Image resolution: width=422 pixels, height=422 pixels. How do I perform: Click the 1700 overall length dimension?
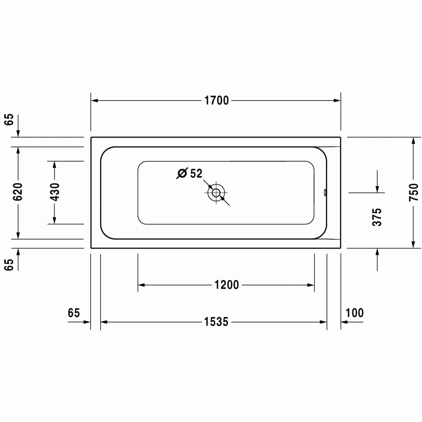click(x=217, y=100)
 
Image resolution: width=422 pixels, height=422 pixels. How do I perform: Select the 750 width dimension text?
click(x=414, y=192)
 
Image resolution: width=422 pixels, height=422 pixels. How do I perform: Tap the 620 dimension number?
click(x=18, y=191)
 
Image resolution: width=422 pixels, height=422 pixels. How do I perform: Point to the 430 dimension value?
click(x=55, y=192)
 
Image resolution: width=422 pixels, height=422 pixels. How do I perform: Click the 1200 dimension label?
click(x=227, y=285)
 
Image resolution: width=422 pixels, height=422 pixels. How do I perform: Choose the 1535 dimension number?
click(x=216, y=322)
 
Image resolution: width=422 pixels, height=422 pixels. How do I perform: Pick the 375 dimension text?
click(x=377, y=217)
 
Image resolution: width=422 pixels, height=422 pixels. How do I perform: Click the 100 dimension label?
click(x=354, y=313)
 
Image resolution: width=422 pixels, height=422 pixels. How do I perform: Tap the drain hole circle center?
click(x=216, y=193)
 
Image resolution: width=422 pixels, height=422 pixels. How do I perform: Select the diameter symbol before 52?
click(x=182, y=174)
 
